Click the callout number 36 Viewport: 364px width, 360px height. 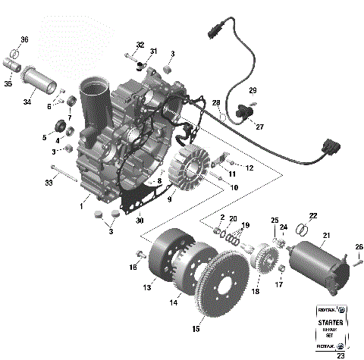click(24, 39)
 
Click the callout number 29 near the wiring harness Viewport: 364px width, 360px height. click(253, 90)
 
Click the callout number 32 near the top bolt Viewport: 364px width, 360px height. click(140, 45)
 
